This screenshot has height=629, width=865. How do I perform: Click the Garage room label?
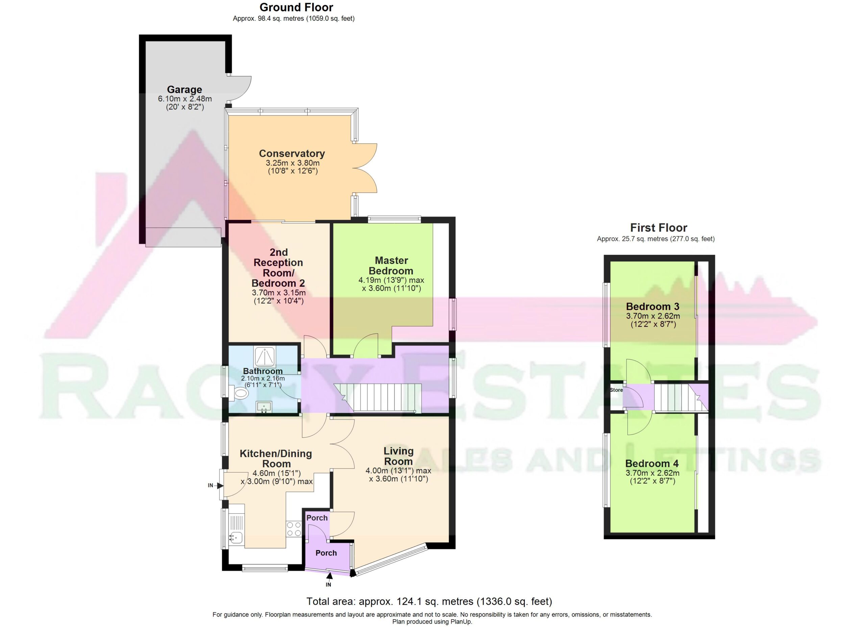coord(184,90)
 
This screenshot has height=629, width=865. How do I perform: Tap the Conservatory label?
coord(292,153)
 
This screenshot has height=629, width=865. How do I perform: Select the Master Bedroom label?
coord(391,266)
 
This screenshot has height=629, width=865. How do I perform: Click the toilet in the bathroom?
coord(240,393)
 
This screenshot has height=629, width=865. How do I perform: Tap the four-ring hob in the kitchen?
coord(294,529)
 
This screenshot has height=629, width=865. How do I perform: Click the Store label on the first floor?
coord(616,390)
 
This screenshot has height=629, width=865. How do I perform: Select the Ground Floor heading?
coord(296,7)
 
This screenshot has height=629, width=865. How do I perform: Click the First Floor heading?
coord(659,228)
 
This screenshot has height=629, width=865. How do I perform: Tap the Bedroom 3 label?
coord(652,306)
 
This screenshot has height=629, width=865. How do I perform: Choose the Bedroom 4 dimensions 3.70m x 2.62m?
coord(652,473)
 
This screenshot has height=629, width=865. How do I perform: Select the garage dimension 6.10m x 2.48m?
coord(185,99)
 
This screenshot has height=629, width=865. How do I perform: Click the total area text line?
coord(429,602)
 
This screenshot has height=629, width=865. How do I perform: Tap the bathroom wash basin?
coord(264,407)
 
